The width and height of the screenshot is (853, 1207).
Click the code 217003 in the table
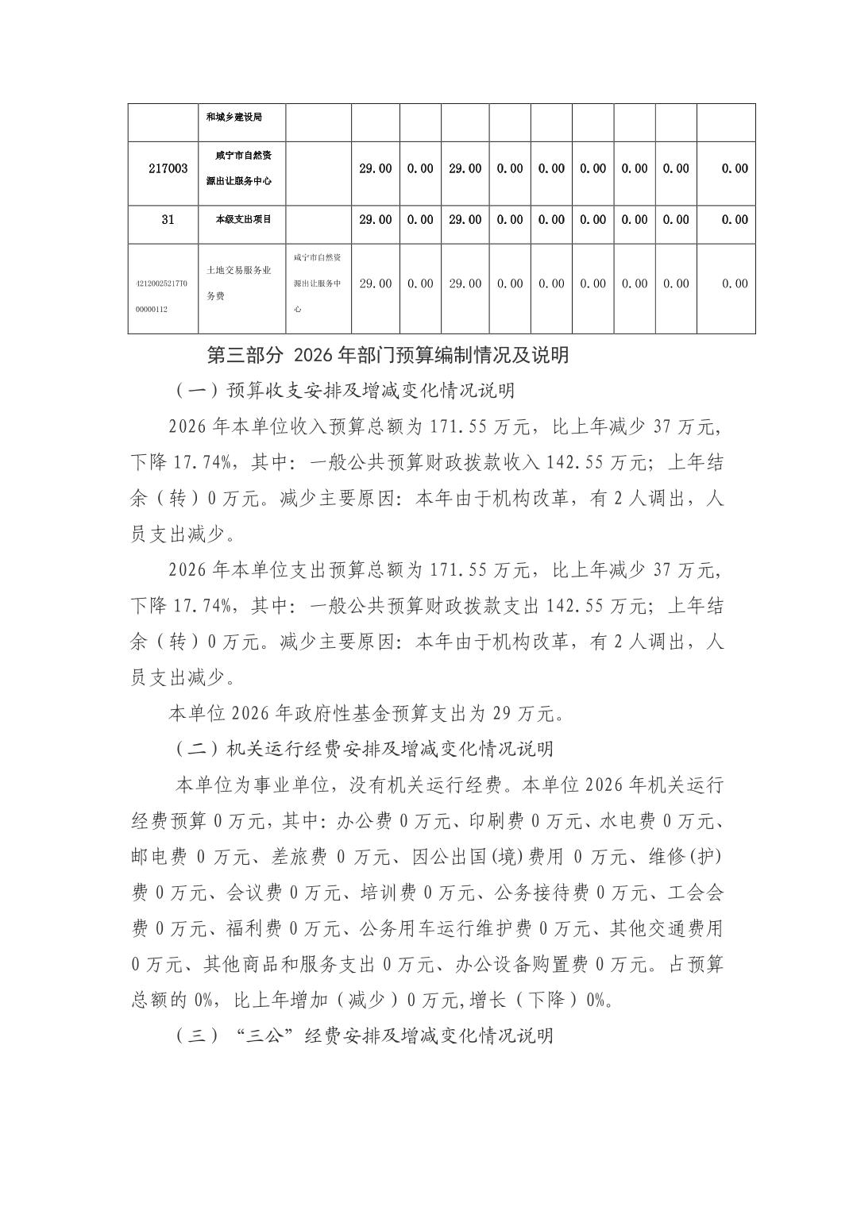tap(168, 168)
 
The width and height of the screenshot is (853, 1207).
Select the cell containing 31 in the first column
tap(168, 220)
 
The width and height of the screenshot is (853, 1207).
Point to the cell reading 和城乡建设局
tap(234, 117)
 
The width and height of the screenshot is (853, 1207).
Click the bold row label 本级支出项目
tap(243, 220)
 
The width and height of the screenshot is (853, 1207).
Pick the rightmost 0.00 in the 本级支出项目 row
tap(735, 220)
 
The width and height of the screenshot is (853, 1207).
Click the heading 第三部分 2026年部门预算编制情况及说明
tap(388, 355)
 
